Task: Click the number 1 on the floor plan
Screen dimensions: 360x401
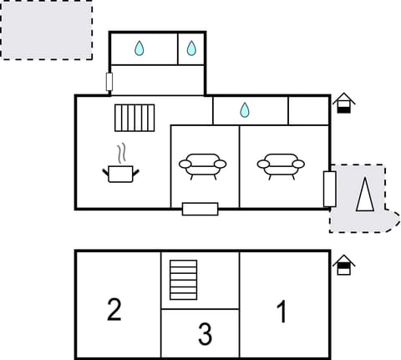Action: point(282,312)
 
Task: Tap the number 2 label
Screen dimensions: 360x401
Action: point(114,310)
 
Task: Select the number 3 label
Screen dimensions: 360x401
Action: point(205,335)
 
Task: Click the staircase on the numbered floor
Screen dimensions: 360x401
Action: point(183,280)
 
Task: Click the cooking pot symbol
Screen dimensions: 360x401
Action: point(121,173)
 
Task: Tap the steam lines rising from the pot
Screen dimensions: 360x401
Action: point(123,153)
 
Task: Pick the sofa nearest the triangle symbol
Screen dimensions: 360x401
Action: point(280,165)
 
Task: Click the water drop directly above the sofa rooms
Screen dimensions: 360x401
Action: point(245,110)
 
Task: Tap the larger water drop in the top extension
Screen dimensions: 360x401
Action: point(140,49)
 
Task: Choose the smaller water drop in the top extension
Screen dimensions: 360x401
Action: point(191,49)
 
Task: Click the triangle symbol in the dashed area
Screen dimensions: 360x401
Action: point(364,195)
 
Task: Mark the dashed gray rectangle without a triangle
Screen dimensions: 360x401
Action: point(46,30)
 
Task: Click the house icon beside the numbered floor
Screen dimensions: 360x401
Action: point(343,266)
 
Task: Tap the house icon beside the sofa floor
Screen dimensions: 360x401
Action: point(343,104)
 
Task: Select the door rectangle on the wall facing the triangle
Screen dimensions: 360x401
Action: point(329,189)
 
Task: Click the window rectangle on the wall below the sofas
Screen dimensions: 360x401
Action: point(200,209)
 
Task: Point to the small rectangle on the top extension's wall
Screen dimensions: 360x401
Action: point(109,82)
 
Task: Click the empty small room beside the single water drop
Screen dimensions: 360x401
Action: point(308,110)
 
